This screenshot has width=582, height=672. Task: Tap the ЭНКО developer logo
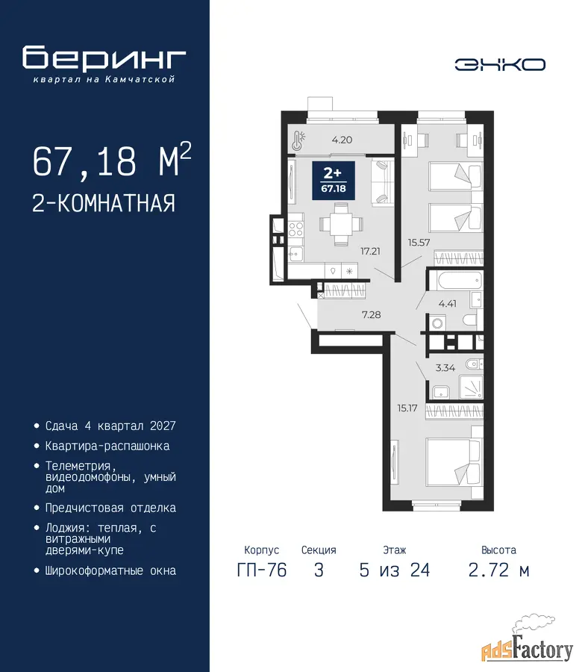[x=500, y=65]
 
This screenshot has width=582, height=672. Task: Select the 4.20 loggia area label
[x=342, y=140]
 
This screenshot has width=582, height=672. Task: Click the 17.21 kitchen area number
[x=370, y=251]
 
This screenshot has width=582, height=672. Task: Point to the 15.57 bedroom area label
[x=419, y=243]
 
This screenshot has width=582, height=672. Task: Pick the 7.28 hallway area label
[x=371, y=315]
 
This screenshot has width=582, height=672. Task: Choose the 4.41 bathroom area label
[x=447, y=304]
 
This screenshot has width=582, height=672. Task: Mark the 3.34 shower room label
[x=445, y=367]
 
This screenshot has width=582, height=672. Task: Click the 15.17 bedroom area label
[x=407, y=408]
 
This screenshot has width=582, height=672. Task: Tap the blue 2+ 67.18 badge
[x=334, y=181]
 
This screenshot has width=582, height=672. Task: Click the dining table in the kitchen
[x=341, y=224]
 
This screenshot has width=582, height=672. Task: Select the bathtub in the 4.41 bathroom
[x=460, y=281]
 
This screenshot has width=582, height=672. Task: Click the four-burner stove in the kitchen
[x=295, y=228]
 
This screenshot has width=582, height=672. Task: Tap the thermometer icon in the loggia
[x=298, y=140]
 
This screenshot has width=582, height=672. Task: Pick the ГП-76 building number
[x=262, y=570]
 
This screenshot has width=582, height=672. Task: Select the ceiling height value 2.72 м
[x=498, y=570]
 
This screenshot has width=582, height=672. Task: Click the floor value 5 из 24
[x=395, y=570]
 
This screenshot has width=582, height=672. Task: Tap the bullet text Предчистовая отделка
[x=110, y=508]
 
